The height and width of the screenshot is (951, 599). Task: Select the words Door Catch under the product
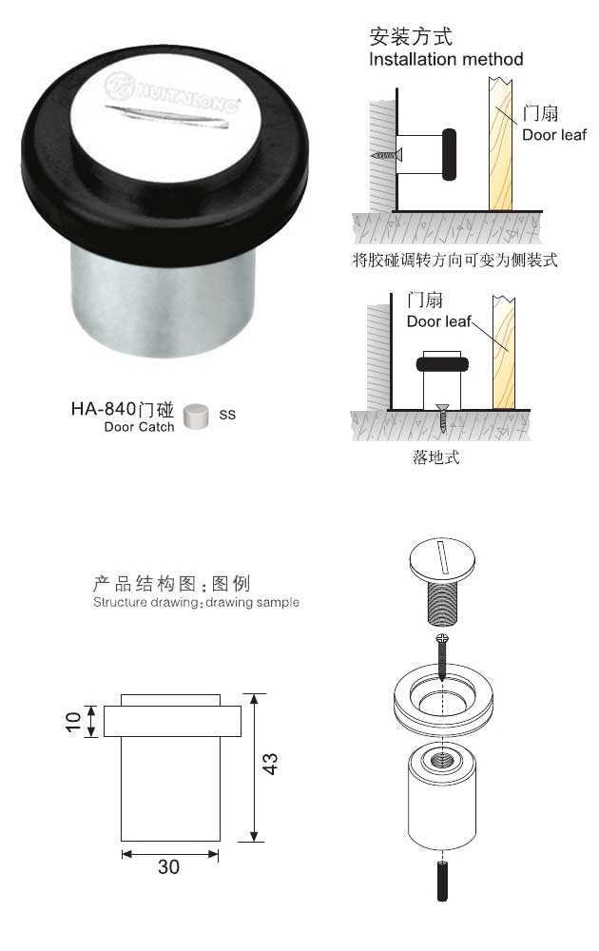[x=139, y=428]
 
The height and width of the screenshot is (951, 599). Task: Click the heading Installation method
[x=446, y=59]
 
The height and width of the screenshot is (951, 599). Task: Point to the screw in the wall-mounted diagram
[x=385, y=153]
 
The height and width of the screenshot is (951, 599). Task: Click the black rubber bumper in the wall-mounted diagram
[x=450, y=154]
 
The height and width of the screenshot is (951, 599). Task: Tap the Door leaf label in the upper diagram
[x=553, y=134]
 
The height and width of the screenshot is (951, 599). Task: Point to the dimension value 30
[x=169, y=866]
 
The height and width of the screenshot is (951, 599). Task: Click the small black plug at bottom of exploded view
[x=442, y=880]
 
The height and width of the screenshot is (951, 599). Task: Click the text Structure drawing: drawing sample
[x=196, y=603]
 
